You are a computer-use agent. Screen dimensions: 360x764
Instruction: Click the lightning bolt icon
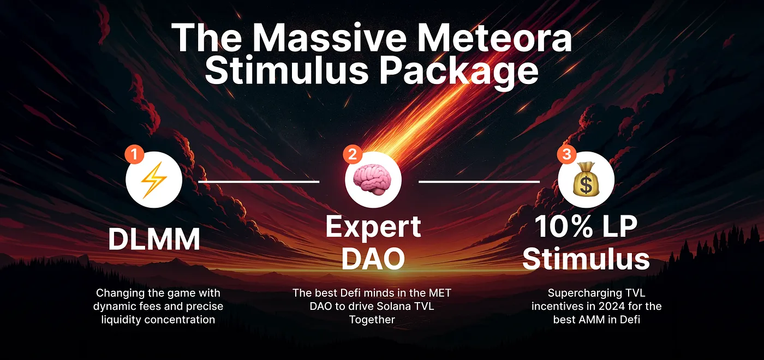154,181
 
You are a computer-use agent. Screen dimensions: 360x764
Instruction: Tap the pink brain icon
373,181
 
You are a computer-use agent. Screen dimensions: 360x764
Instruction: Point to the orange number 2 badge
353,154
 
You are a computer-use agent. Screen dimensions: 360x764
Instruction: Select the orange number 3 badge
566,154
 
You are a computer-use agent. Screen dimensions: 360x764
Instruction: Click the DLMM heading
154,240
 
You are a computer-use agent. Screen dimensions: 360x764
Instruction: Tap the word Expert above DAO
373,226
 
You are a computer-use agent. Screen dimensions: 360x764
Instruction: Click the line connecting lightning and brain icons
258,181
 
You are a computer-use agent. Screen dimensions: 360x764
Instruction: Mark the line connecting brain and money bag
479,181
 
